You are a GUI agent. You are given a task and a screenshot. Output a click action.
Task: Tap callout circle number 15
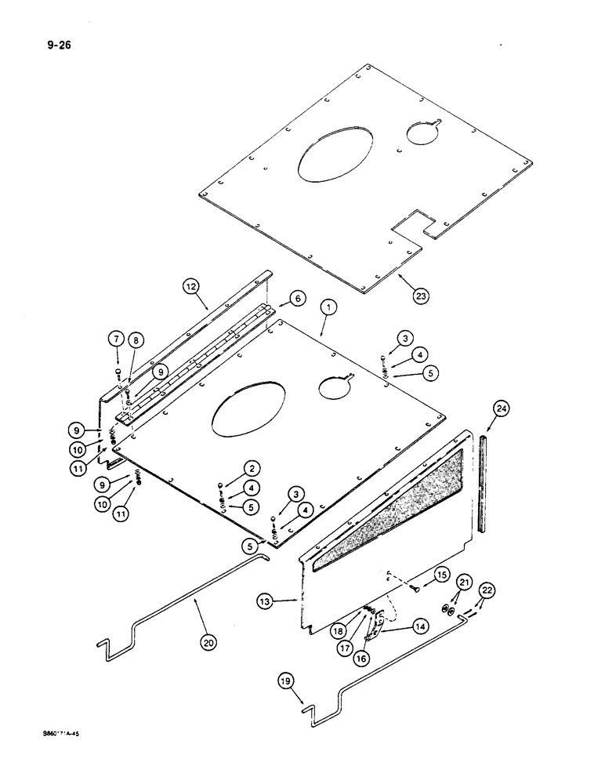click(x=440, y=575)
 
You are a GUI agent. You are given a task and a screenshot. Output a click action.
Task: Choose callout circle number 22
click(x=487, y=590)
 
